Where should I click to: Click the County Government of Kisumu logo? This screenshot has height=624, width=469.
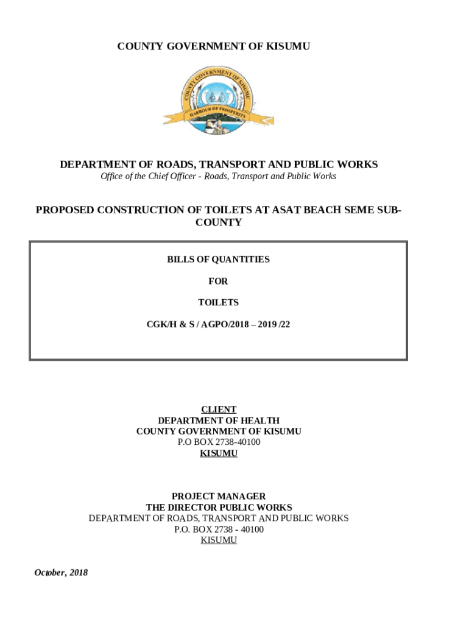coord(218,101)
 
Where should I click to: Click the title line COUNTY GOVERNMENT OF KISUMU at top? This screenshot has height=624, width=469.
coord(214,46)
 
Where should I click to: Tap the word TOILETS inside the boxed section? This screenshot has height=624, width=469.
coord(218,302)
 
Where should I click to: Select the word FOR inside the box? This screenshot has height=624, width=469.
coord(218,281)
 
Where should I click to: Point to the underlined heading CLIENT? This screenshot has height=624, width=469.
coord(219,409)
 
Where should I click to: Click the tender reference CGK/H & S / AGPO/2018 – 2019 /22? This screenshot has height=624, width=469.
coord(218,324)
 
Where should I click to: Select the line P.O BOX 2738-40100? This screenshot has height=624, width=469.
coord(219,442)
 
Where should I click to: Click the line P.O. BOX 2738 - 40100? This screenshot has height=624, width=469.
coord(219,529)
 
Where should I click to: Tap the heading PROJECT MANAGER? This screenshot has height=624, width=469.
coord(219,497)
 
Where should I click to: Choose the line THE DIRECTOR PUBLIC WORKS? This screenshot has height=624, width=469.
coord(219,508)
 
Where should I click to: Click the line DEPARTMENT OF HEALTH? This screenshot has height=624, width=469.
coord(219,420)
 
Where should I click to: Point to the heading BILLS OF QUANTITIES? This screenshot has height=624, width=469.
coord(218,260)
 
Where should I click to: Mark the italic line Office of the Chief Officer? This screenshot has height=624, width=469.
coord(218,176)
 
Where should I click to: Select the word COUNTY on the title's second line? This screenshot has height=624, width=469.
coord(218,222)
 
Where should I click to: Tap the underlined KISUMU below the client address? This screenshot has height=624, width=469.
coord(219,453)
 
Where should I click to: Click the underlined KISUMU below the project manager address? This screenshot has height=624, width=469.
coord(219,540)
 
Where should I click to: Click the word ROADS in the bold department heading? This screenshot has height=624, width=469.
coord(177,165)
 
